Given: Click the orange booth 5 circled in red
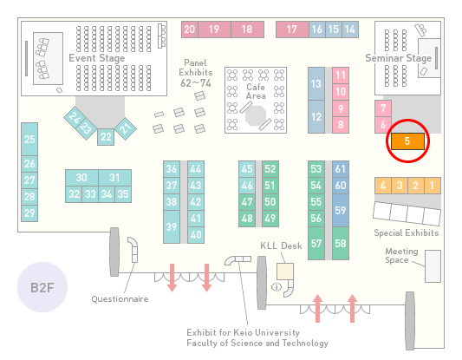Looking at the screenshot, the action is click(x=407, y=141).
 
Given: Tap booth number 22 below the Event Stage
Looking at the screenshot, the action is click(x=106, y=137).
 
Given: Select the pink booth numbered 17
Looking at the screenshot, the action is click(x=292, y=29).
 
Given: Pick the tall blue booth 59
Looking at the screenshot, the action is click(x=341, y=210).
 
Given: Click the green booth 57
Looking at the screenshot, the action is click(x=316, y=243).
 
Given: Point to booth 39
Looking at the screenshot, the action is click(x=172, y=226).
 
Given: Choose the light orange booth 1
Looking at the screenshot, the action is click(x=433, y=186).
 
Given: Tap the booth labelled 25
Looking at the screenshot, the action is click(x=29, y=139).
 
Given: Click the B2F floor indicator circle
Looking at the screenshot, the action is click(x=42, y=287).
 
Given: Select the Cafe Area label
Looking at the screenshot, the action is click(x=256, y=91).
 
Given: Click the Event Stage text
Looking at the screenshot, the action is click(x=97, y=58).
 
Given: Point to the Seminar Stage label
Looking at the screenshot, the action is click(x=399, y=58).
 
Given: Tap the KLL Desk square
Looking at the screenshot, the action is click(x=285, y=272).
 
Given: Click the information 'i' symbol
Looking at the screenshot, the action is click(x=277, y=286).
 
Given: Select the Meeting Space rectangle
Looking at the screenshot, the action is click(x=433, y=266).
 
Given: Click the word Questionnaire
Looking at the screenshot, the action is click(x=120, y=299).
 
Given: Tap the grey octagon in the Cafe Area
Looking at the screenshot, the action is click(x=256, y=116).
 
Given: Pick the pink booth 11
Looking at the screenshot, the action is click(x=341, y=75).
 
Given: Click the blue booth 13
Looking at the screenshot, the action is click(x=316, y=84).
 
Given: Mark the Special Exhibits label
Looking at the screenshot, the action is click(x=407, y=233).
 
